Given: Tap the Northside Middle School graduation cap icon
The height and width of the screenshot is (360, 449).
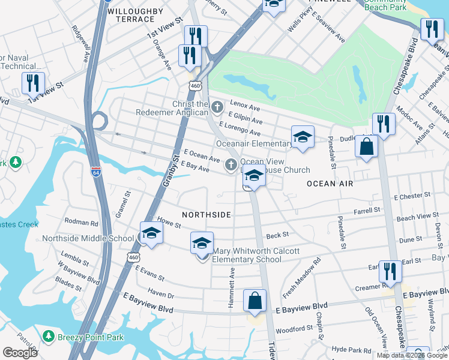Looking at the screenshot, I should pos(151,235).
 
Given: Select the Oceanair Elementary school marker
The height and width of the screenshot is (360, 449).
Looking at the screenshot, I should pos(303,138).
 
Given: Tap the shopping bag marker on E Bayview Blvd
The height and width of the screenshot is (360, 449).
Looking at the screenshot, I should pos(255,301).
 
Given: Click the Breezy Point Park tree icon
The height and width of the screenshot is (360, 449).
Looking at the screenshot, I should pos(49,337).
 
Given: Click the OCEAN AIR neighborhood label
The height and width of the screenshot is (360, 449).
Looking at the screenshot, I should pos(330,184).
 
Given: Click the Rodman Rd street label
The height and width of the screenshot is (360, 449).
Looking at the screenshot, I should pos(81,222).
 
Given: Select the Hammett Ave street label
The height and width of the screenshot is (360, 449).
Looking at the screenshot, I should pos(231,289).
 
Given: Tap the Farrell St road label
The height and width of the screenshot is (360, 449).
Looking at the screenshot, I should pos(367,211).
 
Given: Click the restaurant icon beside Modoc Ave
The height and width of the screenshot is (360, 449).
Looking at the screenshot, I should pos(382,124).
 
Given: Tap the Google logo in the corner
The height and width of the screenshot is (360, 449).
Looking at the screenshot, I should pos(20,352).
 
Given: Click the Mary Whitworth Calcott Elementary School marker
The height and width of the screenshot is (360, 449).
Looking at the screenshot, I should pos(202,244).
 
